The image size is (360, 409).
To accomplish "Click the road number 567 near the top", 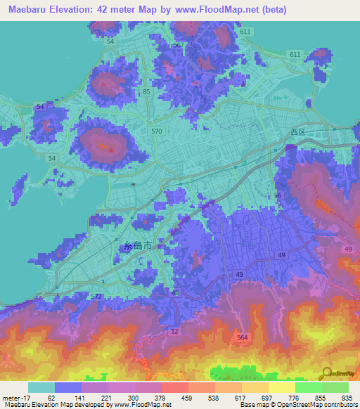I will pyautogui.click(x=179, y=44).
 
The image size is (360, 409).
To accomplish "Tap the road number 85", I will pyautogui.click(x=146, y=92).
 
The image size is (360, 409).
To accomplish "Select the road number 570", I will pyautogui.click(x=156, y=131).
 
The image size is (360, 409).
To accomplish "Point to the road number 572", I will pyautogui.click(x=96, y=297).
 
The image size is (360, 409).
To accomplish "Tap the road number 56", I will pyautogui.click(x=278, y=195).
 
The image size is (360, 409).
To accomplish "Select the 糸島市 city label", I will pyautogui.click(x=138, y=247).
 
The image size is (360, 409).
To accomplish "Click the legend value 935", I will pyautogui.click(x=345, y=397).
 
